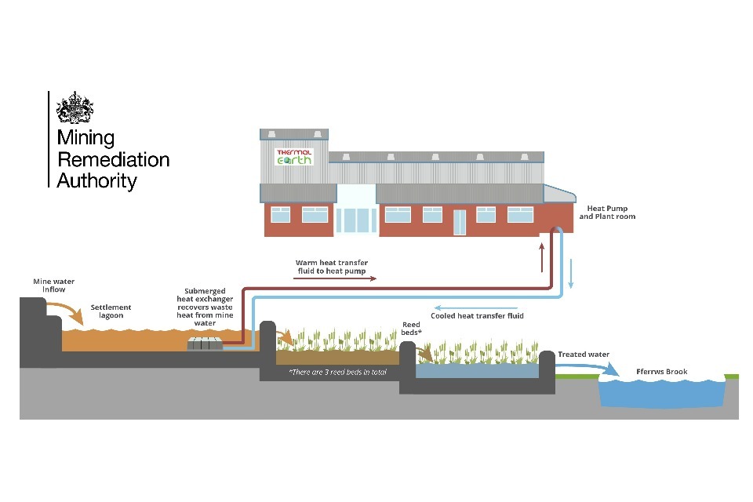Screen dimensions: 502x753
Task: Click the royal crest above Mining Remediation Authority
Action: pos(75,108)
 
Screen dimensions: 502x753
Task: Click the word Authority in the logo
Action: pos(96,181)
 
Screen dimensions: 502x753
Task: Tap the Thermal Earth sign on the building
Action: pos(293,157)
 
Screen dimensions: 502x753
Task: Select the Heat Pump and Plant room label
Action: pos(606,212)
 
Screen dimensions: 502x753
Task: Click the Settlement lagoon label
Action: pos(111,311)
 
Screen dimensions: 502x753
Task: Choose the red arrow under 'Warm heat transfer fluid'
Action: pos(330,278)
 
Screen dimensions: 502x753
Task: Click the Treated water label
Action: pos(584,355)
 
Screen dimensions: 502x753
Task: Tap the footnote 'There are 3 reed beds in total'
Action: pos(337,372)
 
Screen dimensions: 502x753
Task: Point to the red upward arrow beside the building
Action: pos(542,258)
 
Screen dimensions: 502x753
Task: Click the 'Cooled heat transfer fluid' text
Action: pos(477,315)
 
